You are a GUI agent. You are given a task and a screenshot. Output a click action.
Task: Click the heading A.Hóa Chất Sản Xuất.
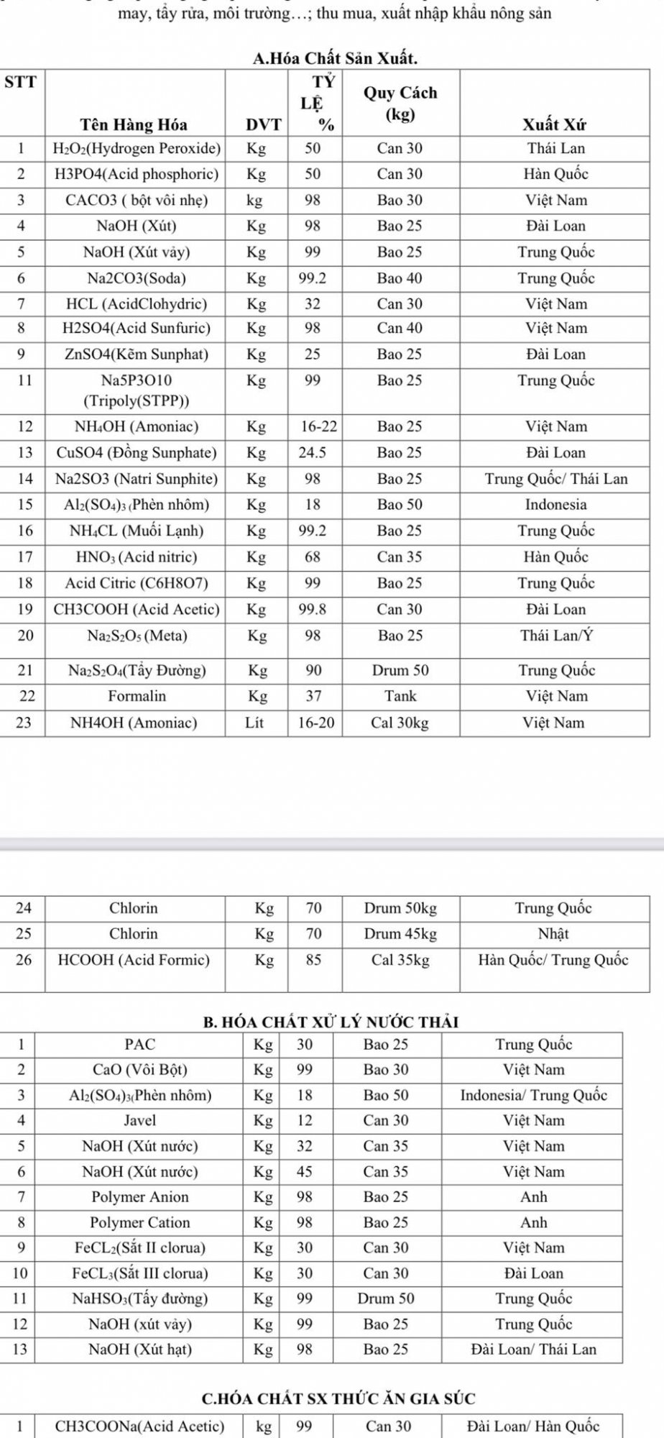tap(336, 58)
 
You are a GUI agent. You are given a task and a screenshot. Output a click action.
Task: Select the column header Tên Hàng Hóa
tap(134, 124)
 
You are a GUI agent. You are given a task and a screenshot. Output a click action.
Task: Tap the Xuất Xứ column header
tap(554, 124)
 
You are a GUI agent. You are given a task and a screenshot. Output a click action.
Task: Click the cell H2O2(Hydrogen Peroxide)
tap(137, 149)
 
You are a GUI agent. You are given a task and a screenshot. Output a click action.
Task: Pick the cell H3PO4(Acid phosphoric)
tap(137, 174)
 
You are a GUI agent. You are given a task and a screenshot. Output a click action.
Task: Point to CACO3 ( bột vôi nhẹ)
tap(137, 201)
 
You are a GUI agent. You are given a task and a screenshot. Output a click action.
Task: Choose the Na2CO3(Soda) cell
tap(137, 278)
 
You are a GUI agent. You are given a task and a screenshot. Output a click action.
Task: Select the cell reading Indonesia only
tap(555, 505)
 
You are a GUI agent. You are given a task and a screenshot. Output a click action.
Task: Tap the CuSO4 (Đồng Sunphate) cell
tap(137, 453)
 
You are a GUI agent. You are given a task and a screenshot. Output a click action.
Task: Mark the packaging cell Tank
tap(400, 696)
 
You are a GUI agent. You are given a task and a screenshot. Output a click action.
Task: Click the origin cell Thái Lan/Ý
tap(556, 636)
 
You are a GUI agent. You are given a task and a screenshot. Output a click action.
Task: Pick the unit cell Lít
tap(254, 723)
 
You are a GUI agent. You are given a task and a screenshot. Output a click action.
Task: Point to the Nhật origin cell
tap(553, 934)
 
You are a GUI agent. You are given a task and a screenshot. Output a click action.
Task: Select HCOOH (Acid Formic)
tap(134, 960)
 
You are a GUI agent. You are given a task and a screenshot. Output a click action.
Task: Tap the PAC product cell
tap(139, 1045)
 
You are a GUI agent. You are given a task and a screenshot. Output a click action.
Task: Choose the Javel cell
tap(139, 1120)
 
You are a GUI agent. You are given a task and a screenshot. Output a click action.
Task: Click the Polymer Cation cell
tap(139, 1222)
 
